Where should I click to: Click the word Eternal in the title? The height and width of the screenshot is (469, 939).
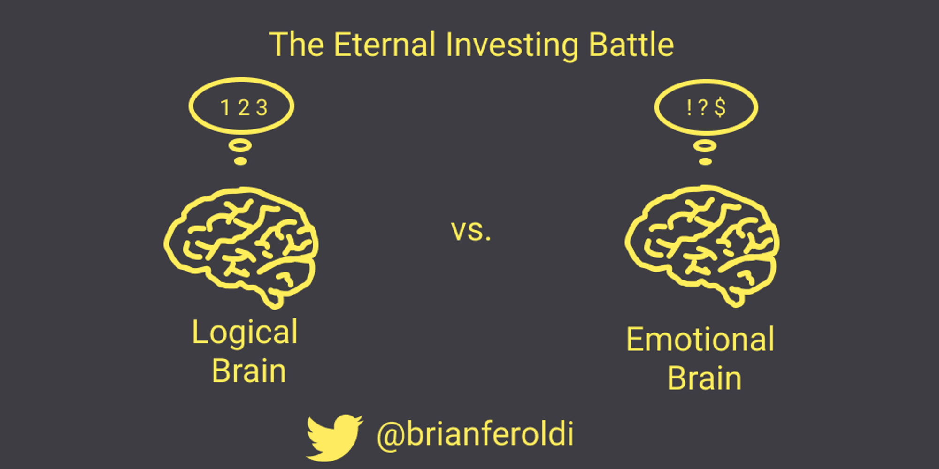click(x=385, y=45)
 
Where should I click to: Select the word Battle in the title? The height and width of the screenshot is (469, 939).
click(x=631, y=45)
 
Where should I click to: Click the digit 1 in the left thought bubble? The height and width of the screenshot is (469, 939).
click(x=225, y=108)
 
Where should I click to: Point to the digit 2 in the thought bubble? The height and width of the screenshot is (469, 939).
click(x=244, y=108)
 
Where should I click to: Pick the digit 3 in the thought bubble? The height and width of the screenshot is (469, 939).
click(x=262, y=108)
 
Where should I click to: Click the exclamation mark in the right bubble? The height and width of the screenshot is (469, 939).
click(x=689, y=107)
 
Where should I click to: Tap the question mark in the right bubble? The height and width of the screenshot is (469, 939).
click(x=702, y=107)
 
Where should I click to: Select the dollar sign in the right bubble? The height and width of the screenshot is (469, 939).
click(x=720, y=107)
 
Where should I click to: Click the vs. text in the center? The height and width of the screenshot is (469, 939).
click(x=471, y=231)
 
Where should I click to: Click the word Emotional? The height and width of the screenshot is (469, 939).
click(x=700, y=339)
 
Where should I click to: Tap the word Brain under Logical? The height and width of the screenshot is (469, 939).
click(x=249, y=371)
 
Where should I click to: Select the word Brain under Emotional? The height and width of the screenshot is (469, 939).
click(x=705, y=378)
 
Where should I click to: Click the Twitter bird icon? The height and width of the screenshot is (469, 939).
click(x=334, y=437)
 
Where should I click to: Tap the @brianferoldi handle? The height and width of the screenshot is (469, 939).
click(x=475, y=435)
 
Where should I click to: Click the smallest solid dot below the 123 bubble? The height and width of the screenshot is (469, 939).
click(x=240, y=161)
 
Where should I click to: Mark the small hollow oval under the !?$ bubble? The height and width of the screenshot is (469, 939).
click(x=705, y=146)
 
